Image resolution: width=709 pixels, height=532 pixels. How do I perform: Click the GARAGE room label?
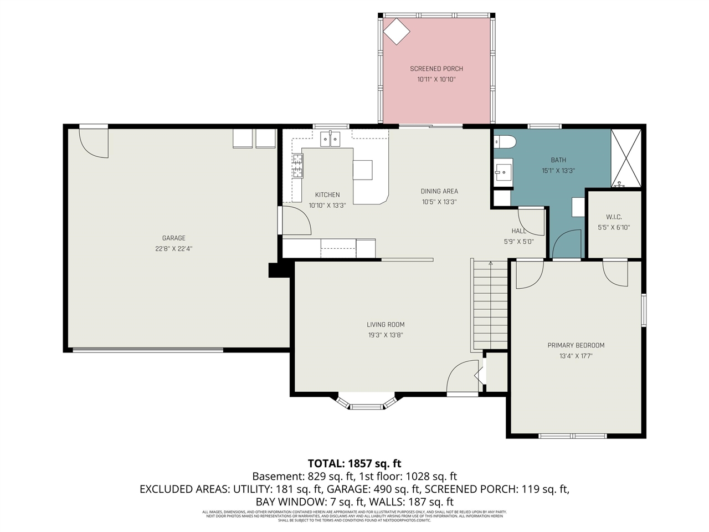pos(174,238)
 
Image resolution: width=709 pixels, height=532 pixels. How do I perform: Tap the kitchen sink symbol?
pos(331,139)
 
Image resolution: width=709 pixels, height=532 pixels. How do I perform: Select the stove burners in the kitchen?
pos(298,166)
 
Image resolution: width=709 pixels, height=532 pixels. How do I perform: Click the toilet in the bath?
pos(505,142)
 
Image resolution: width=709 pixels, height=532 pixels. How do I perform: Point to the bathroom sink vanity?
pos(503,173)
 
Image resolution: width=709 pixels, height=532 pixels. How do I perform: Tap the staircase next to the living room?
pos(490,305)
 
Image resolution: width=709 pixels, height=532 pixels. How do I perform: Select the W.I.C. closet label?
pos(614,217)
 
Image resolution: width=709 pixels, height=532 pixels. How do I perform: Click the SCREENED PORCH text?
pos(436,69)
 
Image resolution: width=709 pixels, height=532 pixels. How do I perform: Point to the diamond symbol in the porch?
pos(397,31)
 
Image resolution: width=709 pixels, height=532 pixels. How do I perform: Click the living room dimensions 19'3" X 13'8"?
pos(386,335)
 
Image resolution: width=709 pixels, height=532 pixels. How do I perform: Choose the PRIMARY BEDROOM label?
pos(576,345)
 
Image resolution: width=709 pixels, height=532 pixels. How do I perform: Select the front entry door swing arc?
pos(461,377)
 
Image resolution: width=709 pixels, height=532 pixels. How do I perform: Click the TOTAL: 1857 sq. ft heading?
pos(354,463)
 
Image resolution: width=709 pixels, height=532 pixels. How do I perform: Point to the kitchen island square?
pos(363,170)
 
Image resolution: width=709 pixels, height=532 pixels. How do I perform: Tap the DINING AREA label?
pos(439,191)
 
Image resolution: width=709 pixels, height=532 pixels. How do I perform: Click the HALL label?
pos(519,231)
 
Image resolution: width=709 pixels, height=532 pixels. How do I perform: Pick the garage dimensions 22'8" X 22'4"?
pos(174,249)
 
